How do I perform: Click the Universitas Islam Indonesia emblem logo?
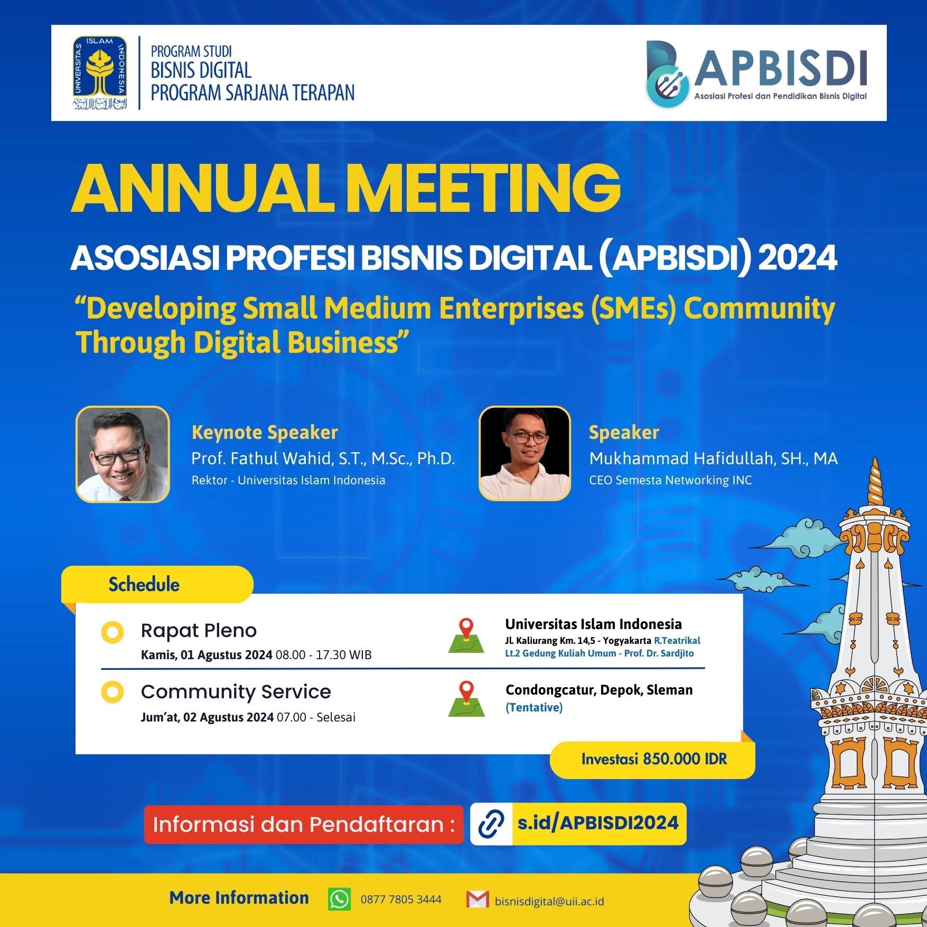(x=100, y=72)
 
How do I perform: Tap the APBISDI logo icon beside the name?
(x=667, y=74)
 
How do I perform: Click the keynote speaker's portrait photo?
(x=123, y=454)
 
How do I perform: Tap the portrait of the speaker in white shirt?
(x=525, y=454)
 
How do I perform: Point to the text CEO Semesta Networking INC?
(x=670, y=480)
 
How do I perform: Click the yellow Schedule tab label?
(x=144, y=585)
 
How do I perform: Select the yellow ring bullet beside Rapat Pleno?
(x=113, y=632)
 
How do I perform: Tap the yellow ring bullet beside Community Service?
(x=113, y=692)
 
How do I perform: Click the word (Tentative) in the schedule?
(x=534, y=708)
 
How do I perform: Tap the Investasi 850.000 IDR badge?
(x=653, y=760)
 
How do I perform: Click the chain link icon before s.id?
(x=491, y=824)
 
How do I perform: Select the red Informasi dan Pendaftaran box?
(x=304, y=825)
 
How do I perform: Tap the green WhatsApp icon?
(x=339, y=899)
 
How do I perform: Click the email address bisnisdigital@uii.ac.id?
(x=549, y=901)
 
